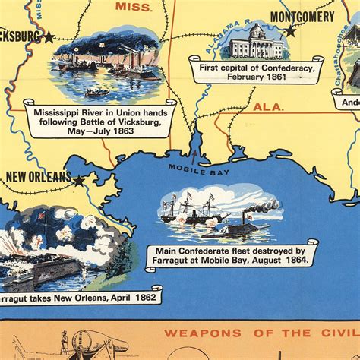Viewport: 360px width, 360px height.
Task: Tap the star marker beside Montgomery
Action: click(x=289, y=32)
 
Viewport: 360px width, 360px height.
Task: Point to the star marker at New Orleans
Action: click(x=79, y=179)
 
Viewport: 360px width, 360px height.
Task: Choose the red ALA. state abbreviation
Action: click(x=268, y=108)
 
